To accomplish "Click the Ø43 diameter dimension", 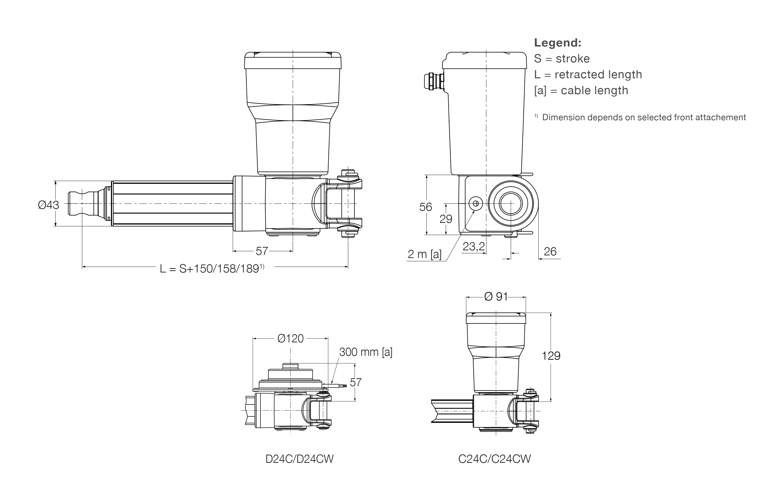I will pos(48,205).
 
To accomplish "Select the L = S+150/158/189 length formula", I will pos(211,268).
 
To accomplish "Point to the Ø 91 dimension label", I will pos(496,297).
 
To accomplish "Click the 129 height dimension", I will pos(551,356).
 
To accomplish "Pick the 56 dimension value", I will pos(425,207).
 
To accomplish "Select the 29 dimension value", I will pos(446,219).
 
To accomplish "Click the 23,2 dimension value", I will pos(474,246).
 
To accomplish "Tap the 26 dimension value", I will pos(550,252).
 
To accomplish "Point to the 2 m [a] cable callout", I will pos(424,254).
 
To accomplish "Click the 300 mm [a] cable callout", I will pos(366,352).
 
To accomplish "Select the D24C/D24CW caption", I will pos(299,459).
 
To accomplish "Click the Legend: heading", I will pos(558,43).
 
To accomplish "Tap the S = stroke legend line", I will pos(562,59).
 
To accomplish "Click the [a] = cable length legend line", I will pos(581,91).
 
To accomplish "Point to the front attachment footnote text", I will pos(643,117).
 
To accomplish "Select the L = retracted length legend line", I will pos(588,74).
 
